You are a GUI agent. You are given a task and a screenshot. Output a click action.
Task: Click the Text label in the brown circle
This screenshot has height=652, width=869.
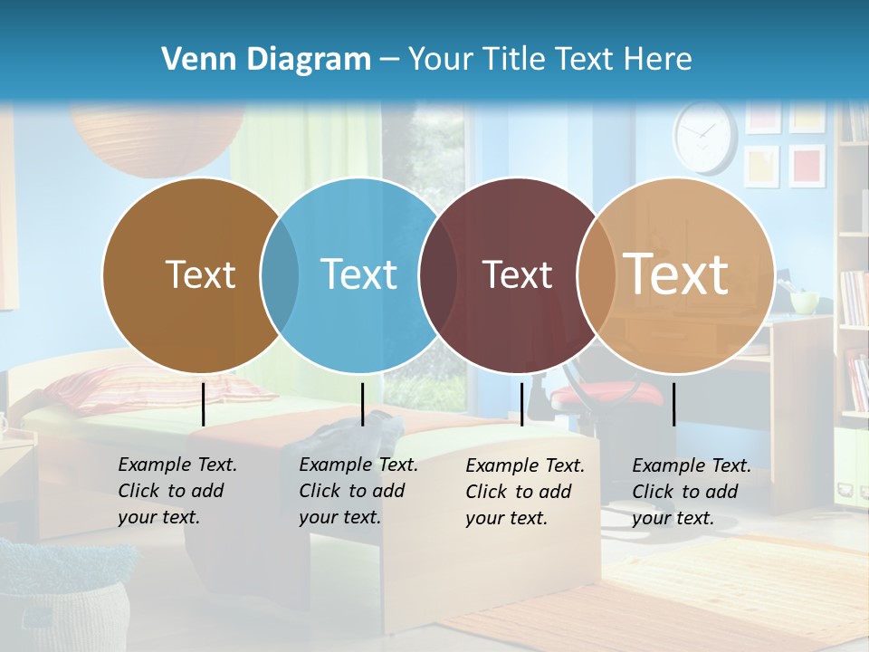click(x=200, y=274)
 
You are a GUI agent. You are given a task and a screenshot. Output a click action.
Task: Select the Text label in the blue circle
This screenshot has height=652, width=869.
click(x=358, y=274)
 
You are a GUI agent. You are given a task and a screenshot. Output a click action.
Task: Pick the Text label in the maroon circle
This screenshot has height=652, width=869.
click(x=517, y=274)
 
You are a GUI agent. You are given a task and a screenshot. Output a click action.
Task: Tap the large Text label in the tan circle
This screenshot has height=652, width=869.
click(x=676, y=274)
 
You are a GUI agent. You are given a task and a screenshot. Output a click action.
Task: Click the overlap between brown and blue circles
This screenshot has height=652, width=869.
click(x=280, y=275)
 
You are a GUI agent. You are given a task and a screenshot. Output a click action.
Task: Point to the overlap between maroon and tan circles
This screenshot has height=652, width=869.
click(x=593, y=275)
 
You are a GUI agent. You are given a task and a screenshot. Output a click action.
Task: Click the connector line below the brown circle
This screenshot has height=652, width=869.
click(x=204, y=404)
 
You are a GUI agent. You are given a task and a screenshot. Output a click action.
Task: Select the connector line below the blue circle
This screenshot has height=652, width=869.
click(x=362, y=404)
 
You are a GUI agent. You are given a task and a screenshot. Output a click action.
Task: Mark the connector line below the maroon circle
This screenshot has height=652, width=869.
click(x=521, y=404)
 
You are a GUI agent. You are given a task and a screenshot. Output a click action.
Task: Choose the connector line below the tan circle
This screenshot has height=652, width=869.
click(x=673, y=404)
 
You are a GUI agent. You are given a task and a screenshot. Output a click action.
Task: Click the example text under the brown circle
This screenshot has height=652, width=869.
click(x=177, y=491)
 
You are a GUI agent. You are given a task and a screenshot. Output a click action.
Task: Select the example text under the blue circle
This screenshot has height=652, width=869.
click(x=358, y=491)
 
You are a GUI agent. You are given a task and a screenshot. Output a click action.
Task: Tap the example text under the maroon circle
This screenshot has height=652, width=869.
click(x=524, y=492)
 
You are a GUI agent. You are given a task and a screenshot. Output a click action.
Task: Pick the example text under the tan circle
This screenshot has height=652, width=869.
click(x=691, y=492)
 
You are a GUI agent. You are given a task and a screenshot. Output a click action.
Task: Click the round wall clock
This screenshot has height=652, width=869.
click(x=705, y=136)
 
